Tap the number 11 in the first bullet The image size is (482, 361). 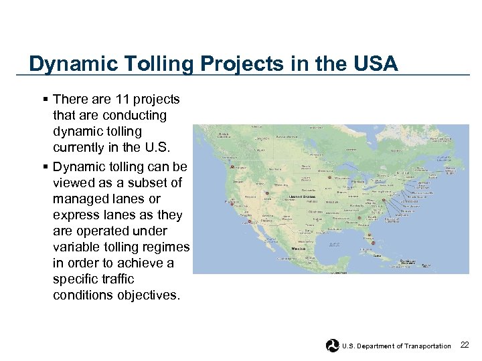click(x=121, y=100)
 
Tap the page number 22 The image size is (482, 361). click(x=465, y=345)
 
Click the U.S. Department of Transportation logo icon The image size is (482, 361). click(x=332, y=346)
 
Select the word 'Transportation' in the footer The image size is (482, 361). click(x=426, y=346)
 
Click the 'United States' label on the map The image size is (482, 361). click(x=301, y=197)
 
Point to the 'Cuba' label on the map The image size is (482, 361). click(x=376, y=255)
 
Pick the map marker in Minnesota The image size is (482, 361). click(x=329, y=178)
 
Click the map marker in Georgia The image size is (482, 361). click(x=359, y=217)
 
